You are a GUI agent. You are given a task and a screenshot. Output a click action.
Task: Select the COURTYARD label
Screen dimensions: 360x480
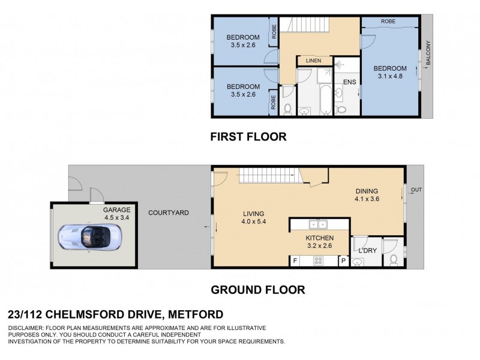[169, 212]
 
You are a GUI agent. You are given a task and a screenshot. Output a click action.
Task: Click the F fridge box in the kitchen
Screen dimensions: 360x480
[295, 261]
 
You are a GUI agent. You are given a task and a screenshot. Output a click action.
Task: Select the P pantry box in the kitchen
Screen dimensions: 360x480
[343, 261]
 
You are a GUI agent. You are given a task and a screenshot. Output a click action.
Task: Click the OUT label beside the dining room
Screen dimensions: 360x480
[416, 190]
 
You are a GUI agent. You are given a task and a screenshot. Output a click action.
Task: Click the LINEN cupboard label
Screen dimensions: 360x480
[314, 61]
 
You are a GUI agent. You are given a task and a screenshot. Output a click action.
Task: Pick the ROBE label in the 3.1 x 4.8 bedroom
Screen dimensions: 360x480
[388, 22]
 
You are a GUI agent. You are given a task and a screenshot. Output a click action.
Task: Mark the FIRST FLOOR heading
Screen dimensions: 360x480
[248, 137]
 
